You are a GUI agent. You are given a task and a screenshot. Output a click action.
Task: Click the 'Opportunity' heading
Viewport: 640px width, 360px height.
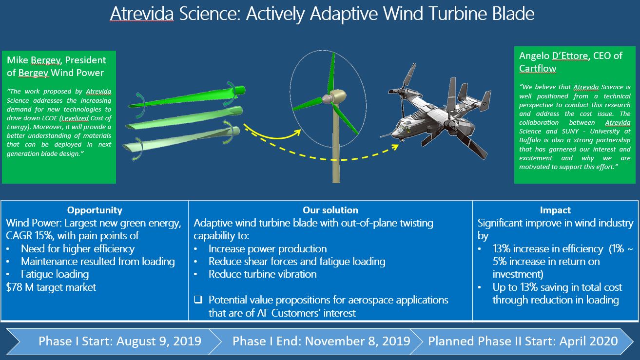click(95, 210)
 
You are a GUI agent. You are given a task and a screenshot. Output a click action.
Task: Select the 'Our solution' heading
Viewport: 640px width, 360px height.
click(330, 210)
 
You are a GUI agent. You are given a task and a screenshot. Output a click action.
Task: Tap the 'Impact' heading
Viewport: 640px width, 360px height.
click(555, 210)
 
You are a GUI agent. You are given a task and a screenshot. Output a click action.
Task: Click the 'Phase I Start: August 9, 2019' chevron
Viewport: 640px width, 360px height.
click(114, 341)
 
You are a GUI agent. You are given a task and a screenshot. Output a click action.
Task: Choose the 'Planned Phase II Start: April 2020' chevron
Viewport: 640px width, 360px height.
click(523, 341)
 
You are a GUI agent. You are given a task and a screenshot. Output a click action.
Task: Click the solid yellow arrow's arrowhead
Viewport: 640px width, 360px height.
click(298, 132)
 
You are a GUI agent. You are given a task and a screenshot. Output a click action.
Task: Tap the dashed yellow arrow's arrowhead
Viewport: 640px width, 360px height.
click(395, 147)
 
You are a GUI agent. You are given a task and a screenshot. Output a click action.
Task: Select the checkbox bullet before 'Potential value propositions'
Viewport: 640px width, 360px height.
click(198, 300)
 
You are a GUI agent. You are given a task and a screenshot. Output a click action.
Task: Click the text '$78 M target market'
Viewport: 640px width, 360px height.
click(51, 287)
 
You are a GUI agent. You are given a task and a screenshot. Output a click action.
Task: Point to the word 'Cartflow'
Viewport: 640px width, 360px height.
click(538, 68)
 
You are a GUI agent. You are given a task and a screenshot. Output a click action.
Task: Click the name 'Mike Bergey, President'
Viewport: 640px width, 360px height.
click(56, 60)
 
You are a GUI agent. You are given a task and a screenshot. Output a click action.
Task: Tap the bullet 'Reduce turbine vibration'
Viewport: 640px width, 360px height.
click(263, 274)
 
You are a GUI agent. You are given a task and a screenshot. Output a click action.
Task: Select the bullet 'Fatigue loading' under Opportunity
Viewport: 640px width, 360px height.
click(55, 274)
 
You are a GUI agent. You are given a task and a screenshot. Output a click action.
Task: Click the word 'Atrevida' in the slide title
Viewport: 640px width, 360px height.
click(142, 14)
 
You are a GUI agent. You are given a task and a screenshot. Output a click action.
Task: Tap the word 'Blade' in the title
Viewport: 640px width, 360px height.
click(513, 14)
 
